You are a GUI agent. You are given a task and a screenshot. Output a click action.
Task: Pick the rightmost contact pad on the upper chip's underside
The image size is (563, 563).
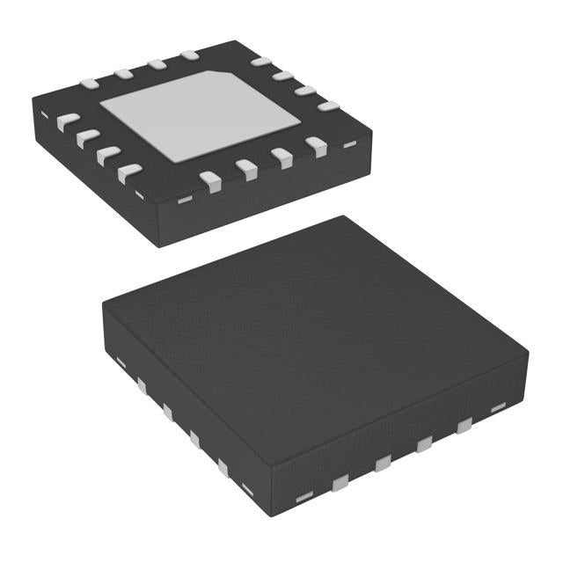(328, 106)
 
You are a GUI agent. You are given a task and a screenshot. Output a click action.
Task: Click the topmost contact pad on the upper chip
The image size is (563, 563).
(189, 56)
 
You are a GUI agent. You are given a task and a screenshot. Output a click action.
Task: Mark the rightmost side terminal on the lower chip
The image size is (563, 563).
(498, 407)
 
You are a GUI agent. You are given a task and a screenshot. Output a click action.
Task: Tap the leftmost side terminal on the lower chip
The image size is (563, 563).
(119, 361)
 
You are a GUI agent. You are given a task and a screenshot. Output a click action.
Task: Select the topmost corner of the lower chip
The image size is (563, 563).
(344, 217)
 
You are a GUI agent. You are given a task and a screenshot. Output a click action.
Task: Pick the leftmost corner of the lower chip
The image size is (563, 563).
(102, 305)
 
